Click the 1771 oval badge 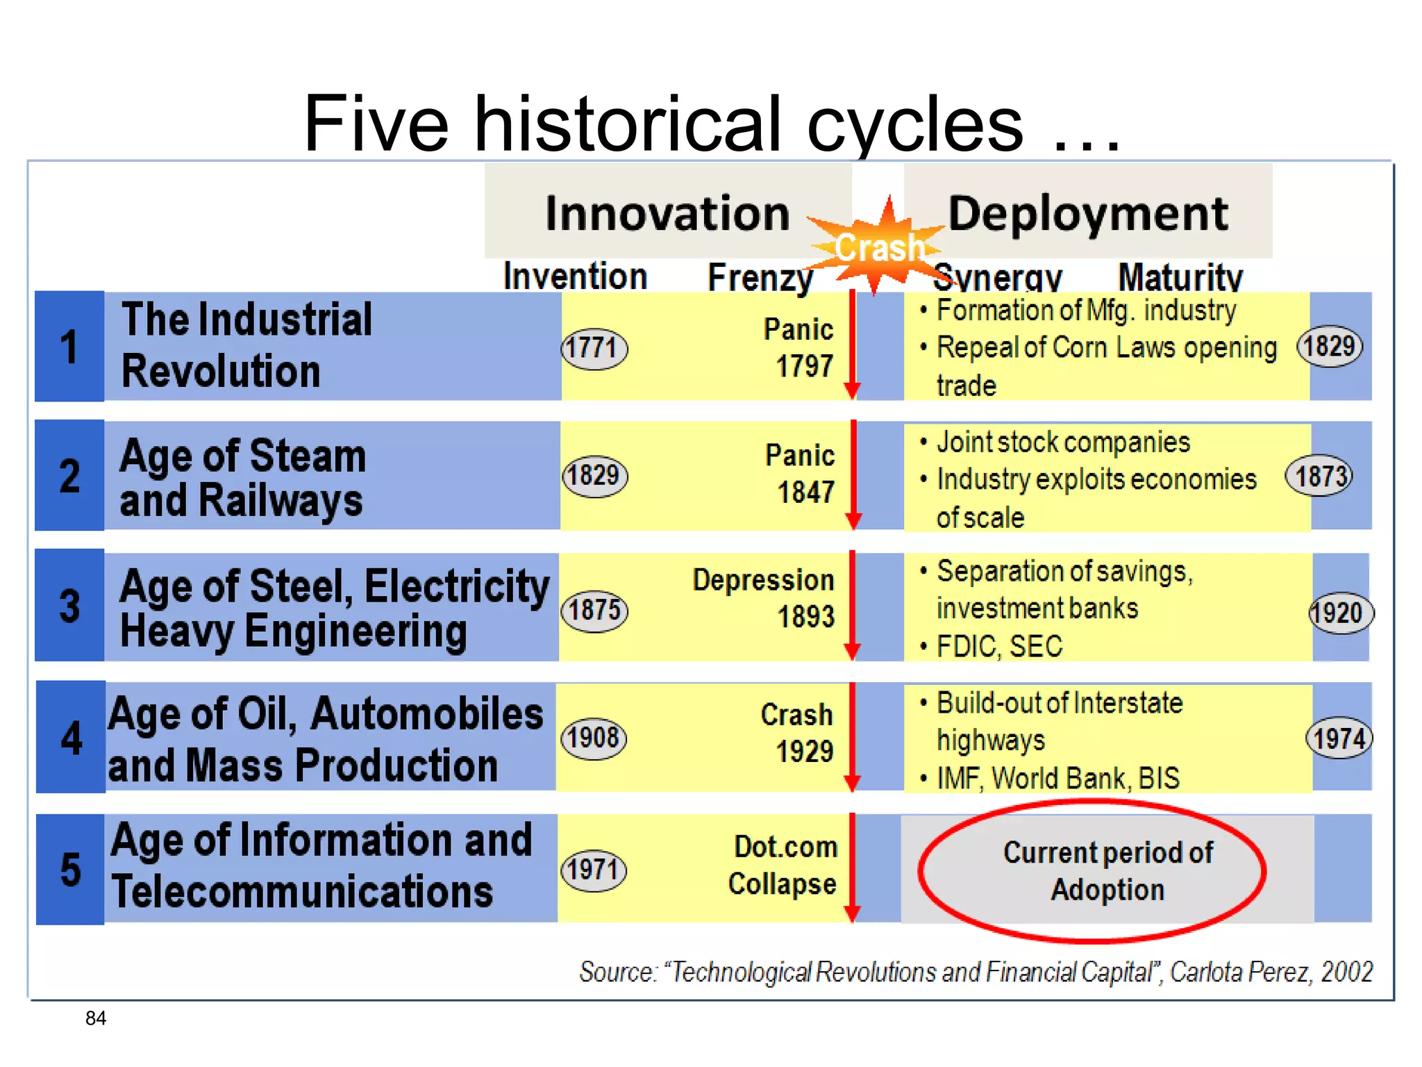[594, 348]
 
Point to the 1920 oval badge [1339, 613]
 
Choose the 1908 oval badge [593, 738]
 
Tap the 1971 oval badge [593, 870]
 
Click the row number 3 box [69, 606]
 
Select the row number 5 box [70, 869]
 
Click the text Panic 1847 [801, 474]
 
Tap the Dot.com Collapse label [783, 866]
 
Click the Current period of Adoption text [1107, 871]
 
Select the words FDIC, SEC [999, 647]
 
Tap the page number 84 [96, 1018]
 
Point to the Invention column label [575, 276]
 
